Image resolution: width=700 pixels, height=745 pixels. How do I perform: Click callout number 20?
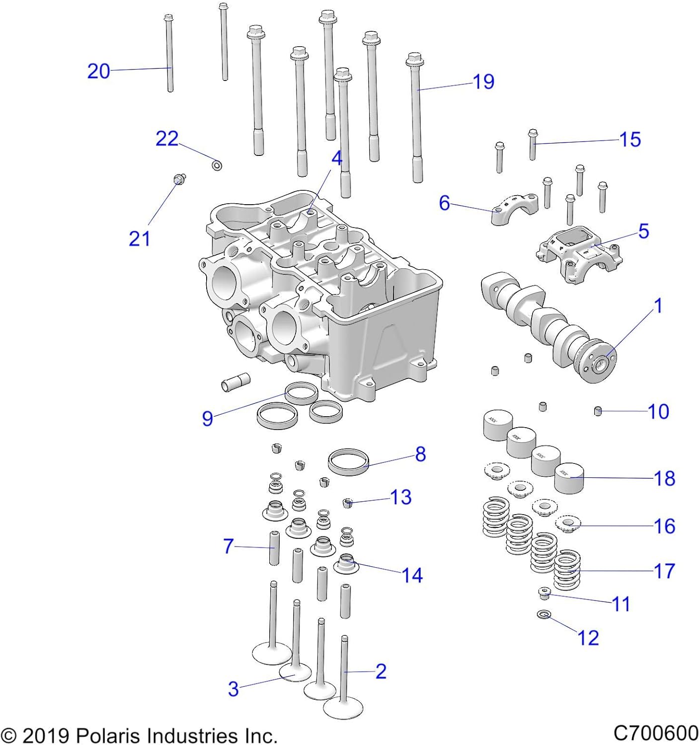[98, 71]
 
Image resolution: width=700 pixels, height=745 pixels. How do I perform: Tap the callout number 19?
[483, 82]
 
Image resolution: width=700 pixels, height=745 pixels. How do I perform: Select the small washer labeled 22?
[217, 165]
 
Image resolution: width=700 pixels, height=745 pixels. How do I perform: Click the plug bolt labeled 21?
[179, 179]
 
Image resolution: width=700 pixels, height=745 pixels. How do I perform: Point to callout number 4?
[337, 159]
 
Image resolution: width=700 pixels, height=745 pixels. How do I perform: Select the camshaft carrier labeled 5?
[579, 253]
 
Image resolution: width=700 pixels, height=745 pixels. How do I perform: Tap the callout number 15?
[630, 140]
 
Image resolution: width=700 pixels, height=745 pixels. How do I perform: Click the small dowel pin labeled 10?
[598, 411]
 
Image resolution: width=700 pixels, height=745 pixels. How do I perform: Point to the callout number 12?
[588, 638]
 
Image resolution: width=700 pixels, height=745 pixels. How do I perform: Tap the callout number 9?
[207, 419]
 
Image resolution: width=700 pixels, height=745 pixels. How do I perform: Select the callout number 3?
[233, 689]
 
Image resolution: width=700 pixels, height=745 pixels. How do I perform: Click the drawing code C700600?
[656, 734]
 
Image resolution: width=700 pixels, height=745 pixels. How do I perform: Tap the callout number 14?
[412, 575]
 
